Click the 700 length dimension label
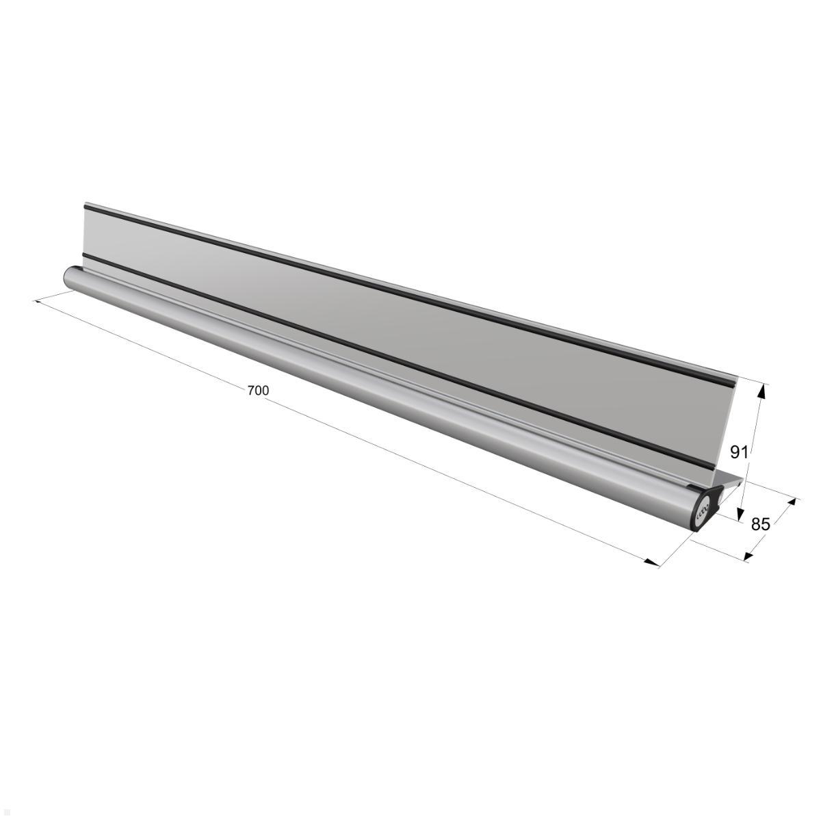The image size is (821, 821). (258, 390)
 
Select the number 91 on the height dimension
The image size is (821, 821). (740, 452)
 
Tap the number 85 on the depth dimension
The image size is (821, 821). (761, 525)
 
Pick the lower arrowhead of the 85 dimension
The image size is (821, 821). (748, 555)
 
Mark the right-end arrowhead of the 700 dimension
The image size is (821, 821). (653, 563)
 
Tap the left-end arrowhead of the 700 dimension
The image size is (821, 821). (38, 301)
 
